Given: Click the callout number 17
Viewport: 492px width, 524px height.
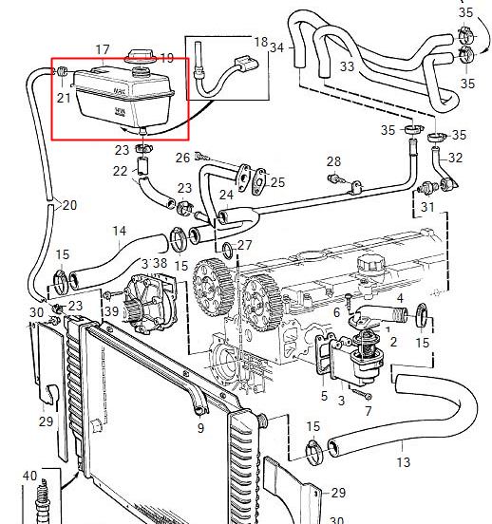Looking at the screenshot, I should point(104,49).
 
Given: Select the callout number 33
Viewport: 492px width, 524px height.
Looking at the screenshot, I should point(346,66).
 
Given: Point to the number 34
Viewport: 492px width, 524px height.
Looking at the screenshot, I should point(276,47).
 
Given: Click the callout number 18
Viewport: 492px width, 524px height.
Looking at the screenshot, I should point(261,42).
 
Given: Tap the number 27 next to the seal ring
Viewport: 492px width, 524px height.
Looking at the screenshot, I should point(244,246).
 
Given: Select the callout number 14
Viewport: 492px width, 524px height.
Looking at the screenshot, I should point(120,231).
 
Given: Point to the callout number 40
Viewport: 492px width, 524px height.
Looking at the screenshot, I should point(28,475).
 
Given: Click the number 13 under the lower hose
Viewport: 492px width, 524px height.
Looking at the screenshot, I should point(404,462).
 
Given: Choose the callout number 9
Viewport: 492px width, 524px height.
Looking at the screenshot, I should point(200,429).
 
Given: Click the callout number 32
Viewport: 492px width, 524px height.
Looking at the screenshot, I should point(456,158).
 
